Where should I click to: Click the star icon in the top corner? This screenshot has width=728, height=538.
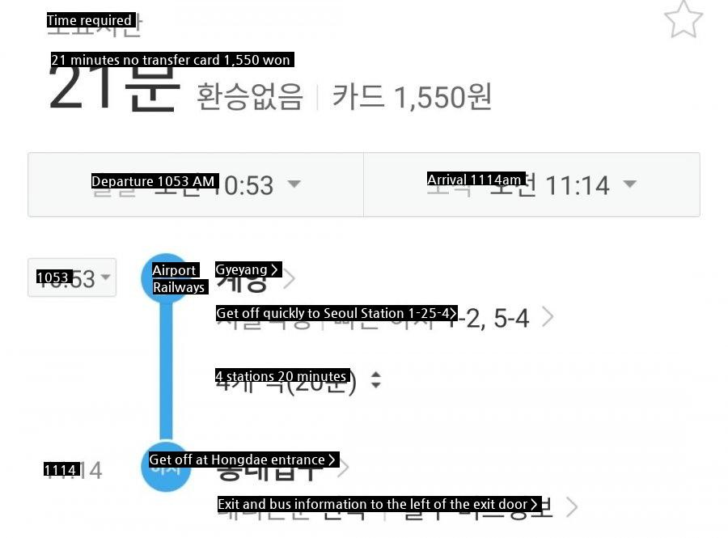click(x=683, y=20)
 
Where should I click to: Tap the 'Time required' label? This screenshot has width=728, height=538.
click(x=90, y=21)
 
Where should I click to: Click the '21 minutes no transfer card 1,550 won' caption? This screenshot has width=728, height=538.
click(x=171, y=60)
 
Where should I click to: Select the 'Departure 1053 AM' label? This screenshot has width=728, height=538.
click(x=154, y=181)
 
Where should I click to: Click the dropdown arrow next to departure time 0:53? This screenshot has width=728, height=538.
click(x=294, y=184)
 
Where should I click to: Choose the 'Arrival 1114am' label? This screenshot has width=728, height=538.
click(x=476, y=180)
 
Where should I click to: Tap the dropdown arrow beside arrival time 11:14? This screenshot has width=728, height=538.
click(x=629, y=184)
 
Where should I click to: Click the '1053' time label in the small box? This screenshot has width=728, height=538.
click(x=54, y=277)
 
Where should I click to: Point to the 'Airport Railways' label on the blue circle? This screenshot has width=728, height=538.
click(x=177, y=279)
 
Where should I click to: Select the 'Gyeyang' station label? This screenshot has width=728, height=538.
click(x=248, y=269)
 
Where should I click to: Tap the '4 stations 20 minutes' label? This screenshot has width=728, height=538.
click(x=281, y=376)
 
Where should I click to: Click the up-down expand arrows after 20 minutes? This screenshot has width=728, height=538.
click(x=375, y=379)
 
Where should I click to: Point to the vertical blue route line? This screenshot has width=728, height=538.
click(x=166, y=372)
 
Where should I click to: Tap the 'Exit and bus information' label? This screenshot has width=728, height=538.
click(x=378, y=504)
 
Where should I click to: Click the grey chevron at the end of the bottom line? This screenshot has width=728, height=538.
click(x=572, y=507)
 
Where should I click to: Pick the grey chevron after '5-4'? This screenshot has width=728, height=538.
click(x=548, y=316)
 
